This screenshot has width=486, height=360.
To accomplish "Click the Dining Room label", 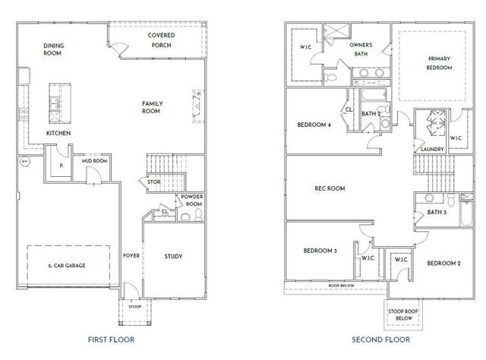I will (x=53, y=49).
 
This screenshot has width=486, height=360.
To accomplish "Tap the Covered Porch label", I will (x=159, y=40).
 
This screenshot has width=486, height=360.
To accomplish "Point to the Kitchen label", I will (x=58, y=133).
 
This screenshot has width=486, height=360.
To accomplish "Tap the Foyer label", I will (x=131, y=256).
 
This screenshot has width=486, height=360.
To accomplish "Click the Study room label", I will (x=173, y=256).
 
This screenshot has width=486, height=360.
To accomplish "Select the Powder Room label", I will (x=193, y=200).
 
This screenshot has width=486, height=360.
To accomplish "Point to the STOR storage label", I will (x=154, y=182).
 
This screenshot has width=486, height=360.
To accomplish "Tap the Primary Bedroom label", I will (x=439, y=63).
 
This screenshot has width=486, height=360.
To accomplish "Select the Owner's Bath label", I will (x=361, y=49).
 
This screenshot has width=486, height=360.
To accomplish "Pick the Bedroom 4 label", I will (x=314, y=125).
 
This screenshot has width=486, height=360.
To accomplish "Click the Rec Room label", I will (x=330, y=188).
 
